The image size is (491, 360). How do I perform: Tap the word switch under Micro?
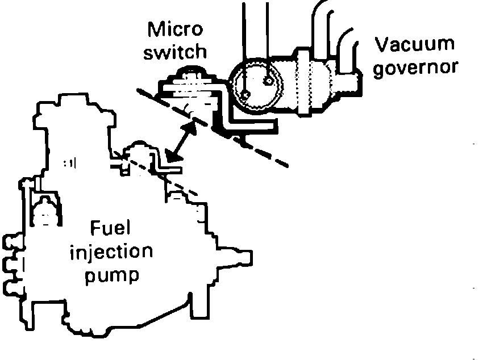click(176, 52)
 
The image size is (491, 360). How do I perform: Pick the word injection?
click(111, 252)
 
